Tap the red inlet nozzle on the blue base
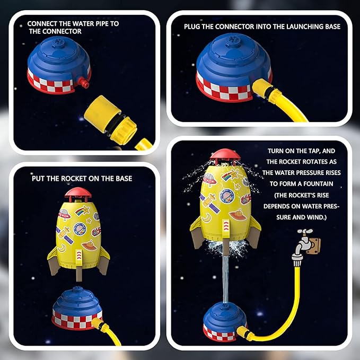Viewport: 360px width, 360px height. (84, 83)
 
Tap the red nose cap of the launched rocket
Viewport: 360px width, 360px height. (225, 155)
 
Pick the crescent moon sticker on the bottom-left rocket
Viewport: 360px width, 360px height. (62, 248)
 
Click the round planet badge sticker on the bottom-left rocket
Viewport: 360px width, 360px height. (80, 229)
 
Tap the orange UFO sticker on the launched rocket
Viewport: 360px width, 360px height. (238, 215)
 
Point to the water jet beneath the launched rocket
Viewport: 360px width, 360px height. (226, 278)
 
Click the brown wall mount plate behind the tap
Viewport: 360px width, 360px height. (314, 246)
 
